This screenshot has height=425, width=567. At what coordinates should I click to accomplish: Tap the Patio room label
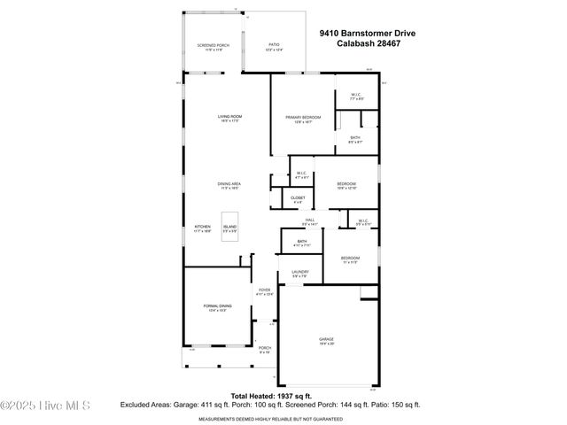[x=274, y=45]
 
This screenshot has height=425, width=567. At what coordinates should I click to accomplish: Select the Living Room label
[x=230, y=117]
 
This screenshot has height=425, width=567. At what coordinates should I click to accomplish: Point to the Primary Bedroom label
[x=302, y=117]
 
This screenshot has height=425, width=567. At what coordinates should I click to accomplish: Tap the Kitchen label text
[x=203, y=227]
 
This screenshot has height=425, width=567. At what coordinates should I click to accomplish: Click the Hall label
[x=310, y=220]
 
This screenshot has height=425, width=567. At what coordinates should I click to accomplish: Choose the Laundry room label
[x=299, y=273]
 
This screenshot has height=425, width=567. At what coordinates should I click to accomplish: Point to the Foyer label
[x=264, y=290]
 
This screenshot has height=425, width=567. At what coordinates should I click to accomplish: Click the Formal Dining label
[x=217, y=306]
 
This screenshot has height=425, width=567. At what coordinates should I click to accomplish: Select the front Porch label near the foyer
[x=264, y=348]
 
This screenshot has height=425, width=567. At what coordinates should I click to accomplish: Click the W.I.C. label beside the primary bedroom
[x=353, y=95]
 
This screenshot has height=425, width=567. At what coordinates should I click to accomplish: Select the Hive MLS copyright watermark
[x=46, y=406]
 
